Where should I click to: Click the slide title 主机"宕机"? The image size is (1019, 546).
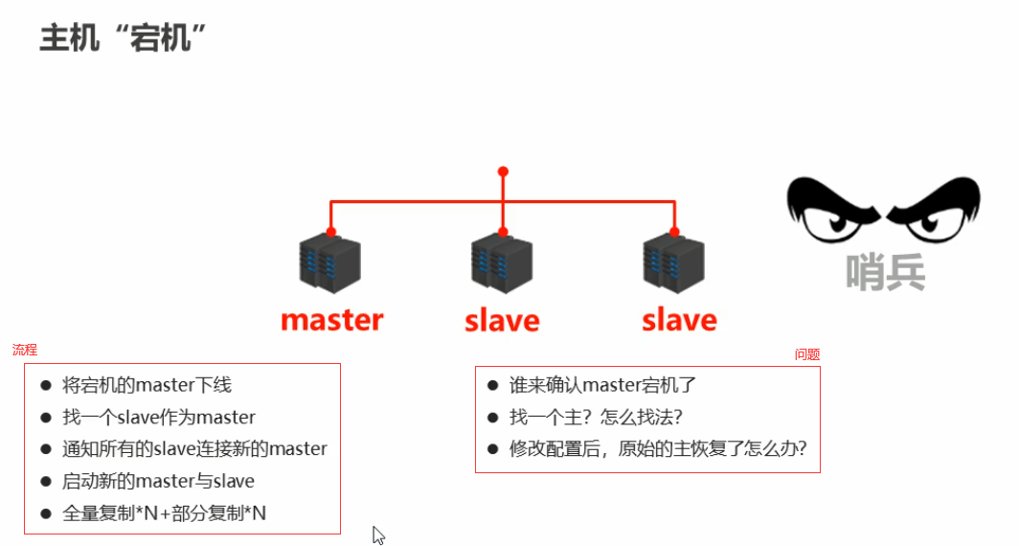click(125, 39)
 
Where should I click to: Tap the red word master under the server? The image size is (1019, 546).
click(331, 319)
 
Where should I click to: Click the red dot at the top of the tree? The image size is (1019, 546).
click(503, 171)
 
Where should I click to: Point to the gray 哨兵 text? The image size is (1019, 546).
click(886, 271)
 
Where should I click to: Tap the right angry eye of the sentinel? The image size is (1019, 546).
click(933, 212)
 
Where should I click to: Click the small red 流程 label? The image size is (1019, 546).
click(25, 351)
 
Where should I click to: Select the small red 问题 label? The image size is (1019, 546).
click(807, 354)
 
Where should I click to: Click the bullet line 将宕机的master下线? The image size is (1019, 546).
click(147, 386)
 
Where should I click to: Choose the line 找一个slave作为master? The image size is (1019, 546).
click(159, 418)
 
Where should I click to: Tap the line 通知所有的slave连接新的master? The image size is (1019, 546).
click(194, 449)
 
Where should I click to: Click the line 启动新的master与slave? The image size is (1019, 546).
click(158, 481)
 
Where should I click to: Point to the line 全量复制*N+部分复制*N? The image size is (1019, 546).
click(164, 513)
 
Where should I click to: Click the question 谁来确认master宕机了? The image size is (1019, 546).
click(602, 386)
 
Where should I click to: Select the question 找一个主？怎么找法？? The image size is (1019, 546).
click(595, 418)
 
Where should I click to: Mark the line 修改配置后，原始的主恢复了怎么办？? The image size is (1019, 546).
click(664, 449)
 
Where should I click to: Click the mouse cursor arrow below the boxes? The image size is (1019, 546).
click(377, 534)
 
